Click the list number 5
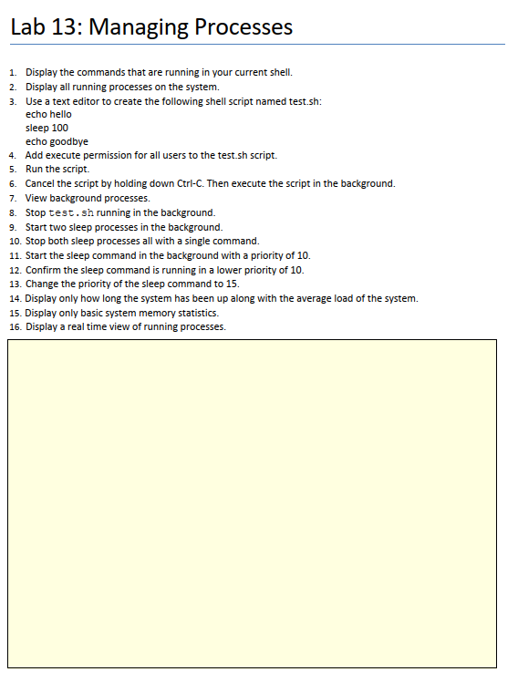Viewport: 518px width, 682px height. [x=13, y=170]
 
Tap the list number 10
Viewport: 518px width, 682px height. [x=14, y=241]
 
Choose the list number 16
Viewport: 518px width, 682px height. [x=14, y=325]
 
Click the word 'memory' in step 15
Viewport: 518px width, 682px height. [x=154, y=312]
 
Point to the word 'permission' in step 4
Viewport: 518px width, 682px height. [x=98, y=156]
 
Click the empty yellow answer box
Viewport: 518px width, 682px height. [x=252, y=503]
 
